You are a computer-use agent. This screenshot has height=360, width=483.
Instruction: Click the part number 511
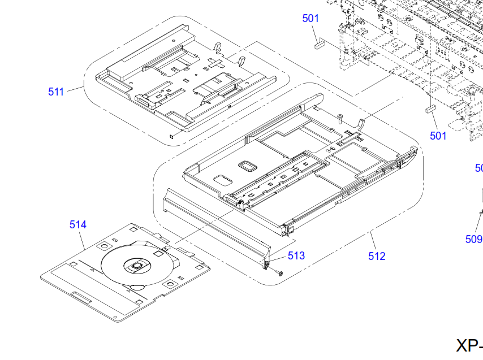pos(56,92)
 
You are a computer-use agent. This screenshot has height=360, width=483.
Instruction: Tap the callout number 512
pos(376,256)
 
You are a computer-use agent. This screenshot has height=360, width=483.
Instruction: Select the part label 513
pos(296,255)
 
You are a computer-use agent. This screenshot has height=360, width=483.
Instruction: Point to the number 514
pos(78,224)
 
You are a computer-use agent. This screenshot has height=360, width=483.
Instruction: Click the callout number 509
pos(474,239)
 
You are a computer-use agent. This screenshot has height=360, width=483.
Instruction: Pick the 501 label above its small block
pos(310,19)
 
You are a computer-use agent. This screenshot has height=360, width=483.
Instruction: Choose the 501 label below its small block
pos(438,136)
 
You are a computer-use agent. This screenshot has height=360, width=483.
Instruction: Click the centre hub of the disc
pos(136,265)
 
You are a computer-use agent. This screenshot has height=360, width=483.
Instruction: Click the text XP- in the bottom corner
pos(469,346)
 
